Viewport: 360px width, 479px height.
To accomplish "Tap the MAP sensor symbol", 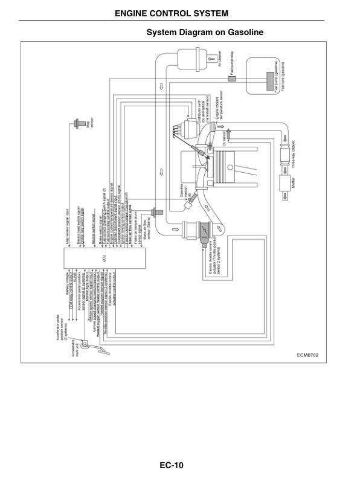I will point(77,123).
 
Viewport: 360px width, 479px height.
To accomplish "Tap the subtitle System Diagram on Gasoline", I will point(205,31).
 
